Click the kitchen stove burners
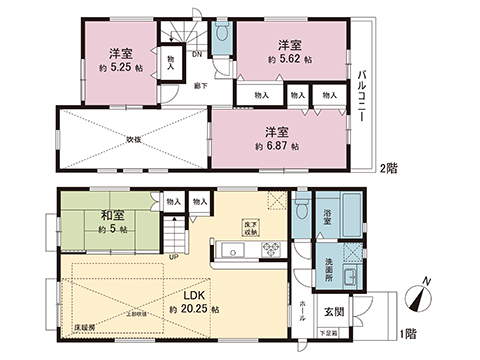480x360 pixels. pos(267,249)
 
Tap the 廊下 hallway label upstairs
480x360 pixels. pos(201,87)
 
